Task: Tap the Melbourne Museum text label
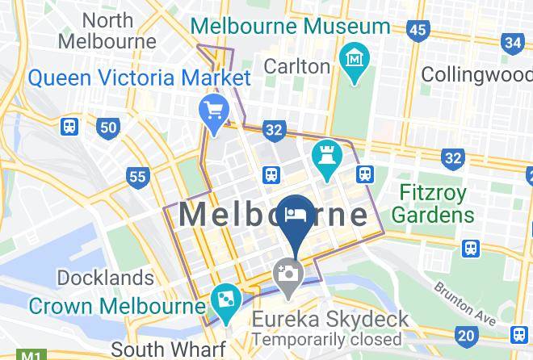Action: coord(291,26)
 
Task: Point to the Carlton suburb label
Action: coord(297,65)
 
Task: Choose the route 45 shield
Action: coord(417,31)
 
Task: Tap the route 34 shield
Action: coord(512,43)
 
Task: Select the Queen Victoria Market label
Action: coord(139,79)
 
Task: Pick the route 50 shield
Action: coord(108,127)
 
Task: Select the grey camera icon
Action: coord(287,273)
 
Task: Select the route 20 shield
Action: coord(465,335)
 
